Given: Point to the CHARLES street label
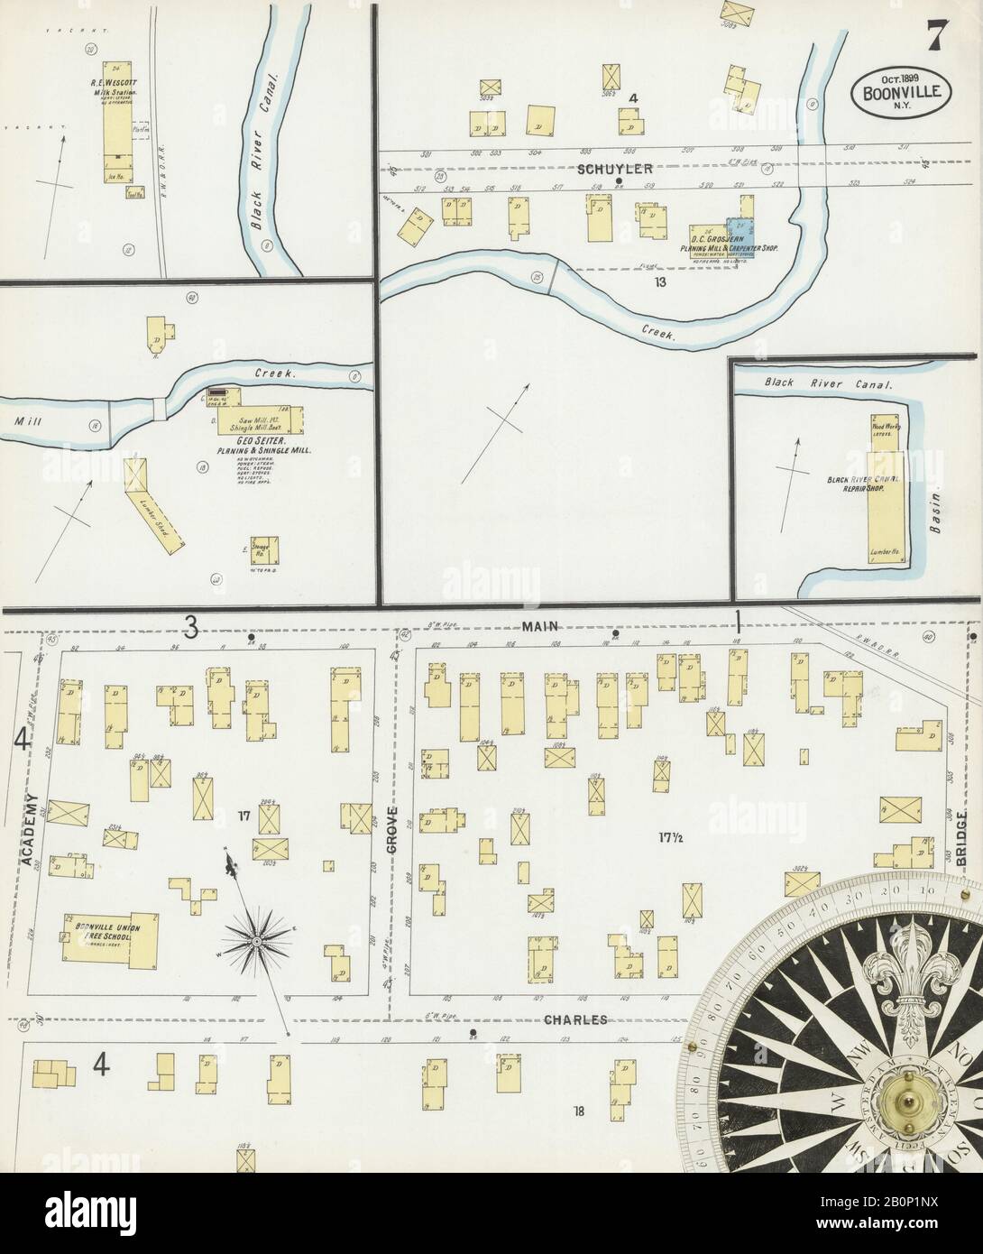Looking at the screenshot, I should pyautogui.click(x=574, y=1019).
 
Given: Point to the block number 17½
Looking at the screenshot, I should pyautogui.click(x=668, y=835).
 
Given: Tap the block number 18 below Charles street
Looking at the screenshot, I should pyautogui.click(x=578, y=1111).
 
